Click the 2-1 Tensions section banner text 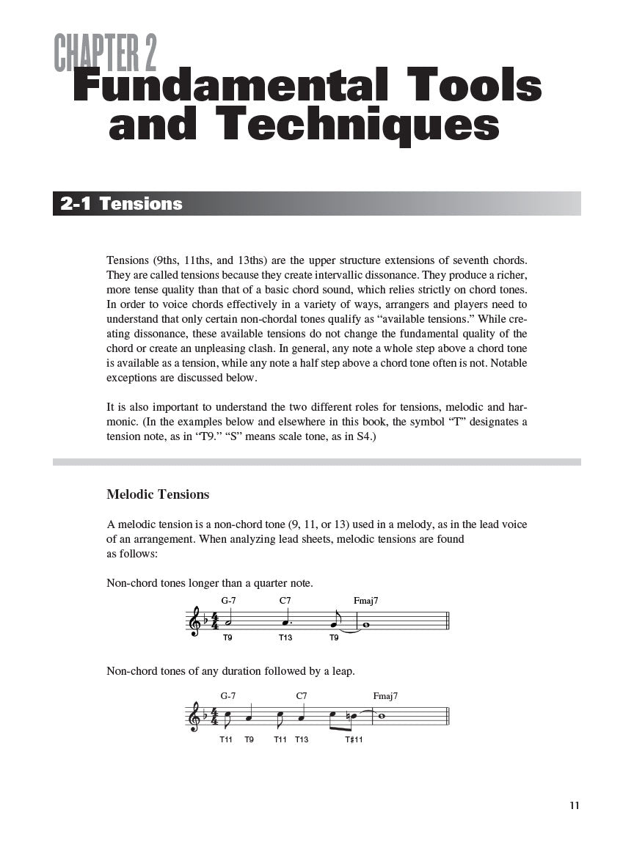[x=121, y=204]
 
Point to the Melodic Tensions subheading [x=158, y=494]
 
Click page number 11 [x=574, y=805]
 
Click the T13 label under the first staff [x=285, y=638]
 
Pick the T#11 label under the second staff [x=354, y=739]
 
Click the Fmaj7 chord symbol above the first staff [x=365, y=601]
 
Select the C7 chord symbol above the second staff [x=302, y=695]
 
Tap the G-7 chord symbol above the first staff [x=228, y=601]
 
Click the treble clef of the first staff [x=194, y=621]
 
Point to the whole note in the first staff [x=365, y=626]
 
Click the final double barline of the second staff [x=448, y=716]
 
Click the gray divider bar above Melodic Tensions [x=317, y=462]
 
